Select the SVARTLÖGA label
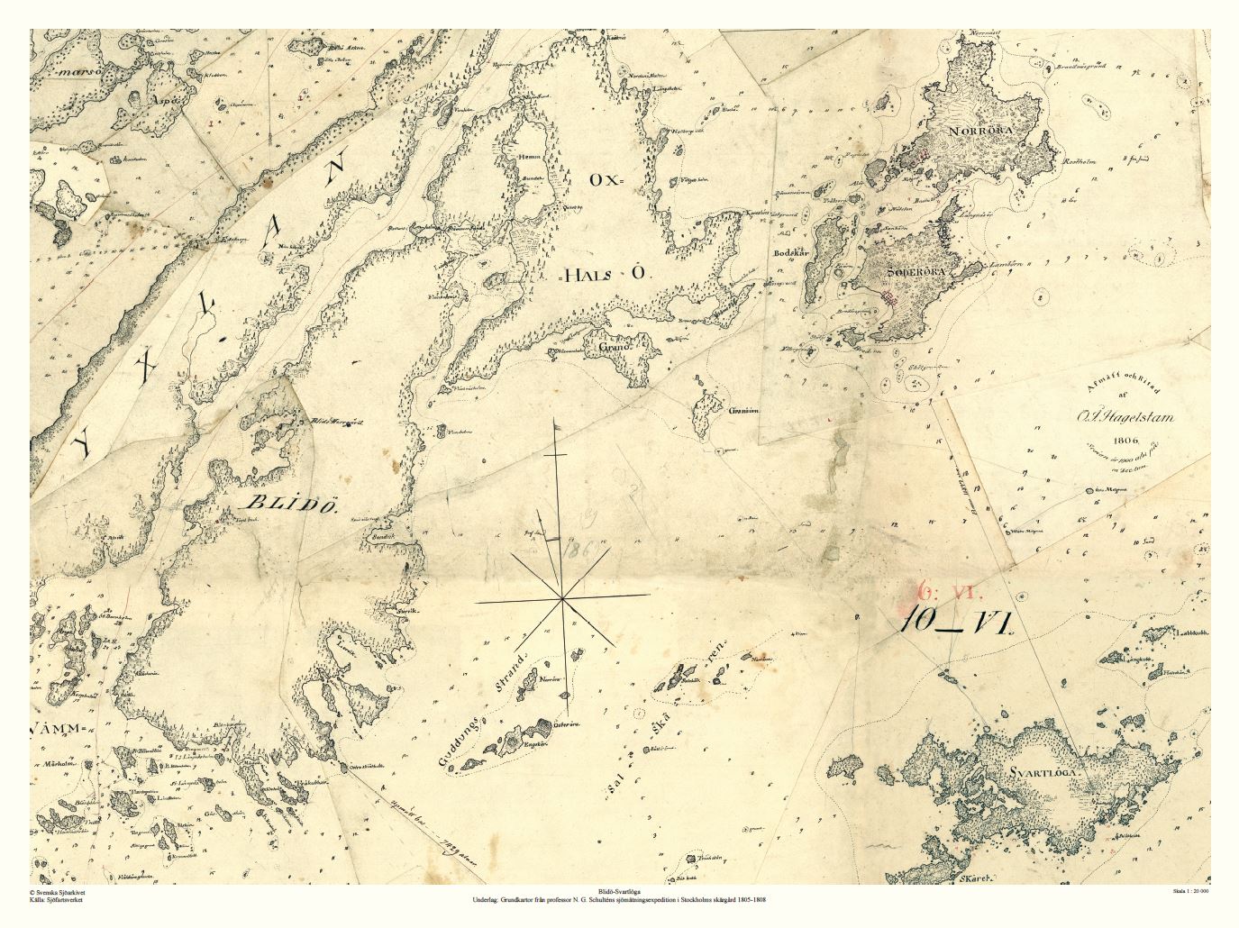1043,772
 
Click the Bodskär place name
789,253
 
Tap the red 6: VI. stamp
952,591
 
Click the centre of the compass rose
562,598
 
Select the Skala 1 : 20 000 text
1189,891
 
